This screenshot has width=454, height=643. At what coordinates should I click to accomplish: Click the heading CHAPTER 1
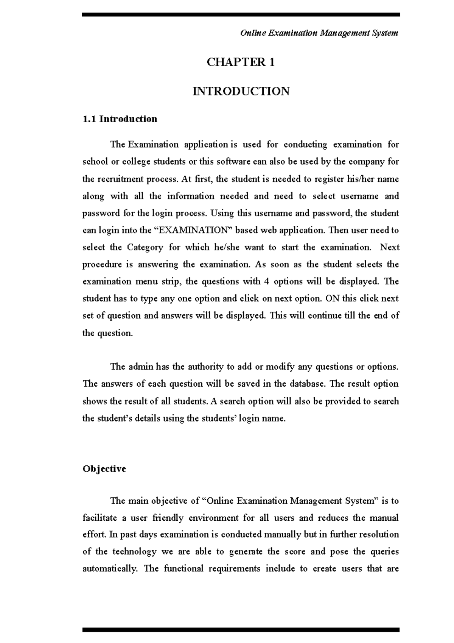click(241, 62)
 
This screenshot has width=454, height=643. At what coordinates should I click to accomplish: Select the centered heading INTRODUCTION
click(241, 91)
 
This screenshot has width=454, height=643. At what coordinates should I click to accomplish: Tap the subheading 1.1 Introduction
click(120, 119)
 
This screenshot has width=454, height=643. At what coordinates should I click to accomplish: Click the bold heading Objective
click(104, 469)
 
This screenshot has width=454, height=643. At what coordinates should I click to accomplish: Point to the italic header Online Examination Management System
click(319, 33)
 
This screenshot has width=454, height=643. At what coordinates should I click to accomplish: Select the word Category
click(145, 247)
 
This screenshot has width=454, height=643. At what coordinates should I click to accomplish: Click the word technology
click(134, 551)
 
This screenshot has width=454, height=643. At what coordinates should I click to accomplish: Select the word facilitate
click(99, 518)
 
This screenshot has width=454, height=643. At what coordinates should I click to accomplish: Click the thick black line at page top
click(241, 14)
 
